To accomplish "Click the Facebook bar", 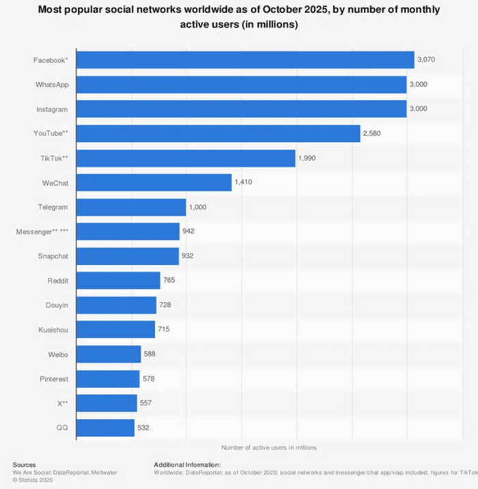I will coord(245,60).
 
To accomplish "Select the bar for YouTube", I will coord(219,134).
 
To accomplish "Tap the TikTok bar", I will coord(186,158).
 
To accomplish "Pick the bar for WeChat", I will coord(154,182).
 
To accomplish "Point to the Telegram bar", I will coord(131,208).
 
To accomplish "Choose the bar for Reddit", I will coord(118,281).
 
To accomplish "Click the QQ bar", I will coord(105,428).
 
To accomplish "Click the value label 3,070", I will coord(426,60).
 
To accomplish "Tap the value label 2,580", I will coord(371,134).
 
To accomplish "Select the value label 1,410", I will coord(244,182).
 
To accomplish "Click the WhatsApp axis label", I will coord(52,85).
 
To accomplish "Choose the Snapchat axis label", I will coord(53,257).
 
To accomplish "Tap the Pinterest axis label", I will coord(53,379).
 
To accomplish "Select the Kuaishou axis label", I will coord(53,330).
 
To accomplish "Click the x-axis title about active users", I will coord(269,447).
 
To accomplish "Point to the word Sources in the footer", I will coord(24,464).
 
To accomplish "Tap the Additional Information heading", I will coord(187,464).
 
